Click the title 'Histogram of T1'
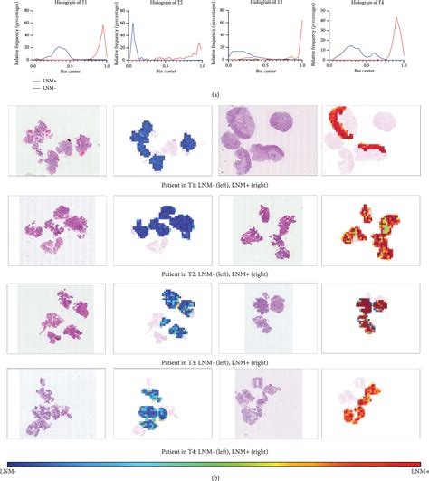point(69,6)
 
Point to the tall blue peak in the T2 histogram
point(132,27)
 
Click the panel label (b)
point(214,475)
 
